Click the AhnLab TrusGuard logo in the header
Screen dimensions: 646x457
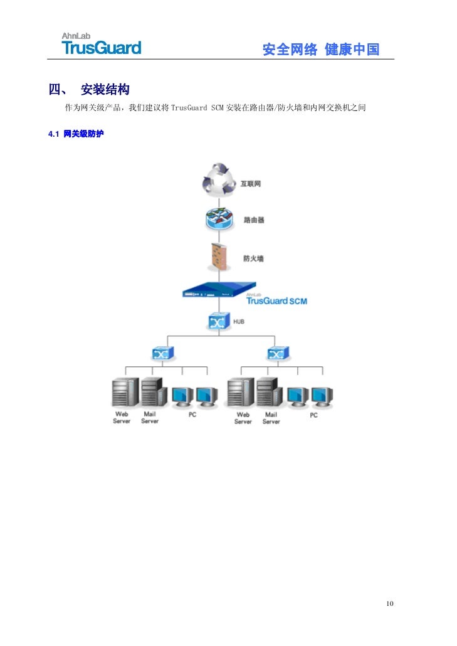point(101,44)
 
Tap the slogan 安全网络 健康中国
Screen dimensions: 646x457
point(320,50)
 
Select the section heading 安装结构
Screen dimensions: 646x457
point(105,90)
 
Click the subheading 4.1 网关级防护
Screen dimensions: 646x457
point(76,134)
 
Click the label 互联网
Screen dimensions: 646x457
point(251,184)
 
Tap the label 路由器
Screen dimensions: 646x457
point(254,220)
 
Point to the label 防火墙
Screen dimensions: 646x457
point(253,258)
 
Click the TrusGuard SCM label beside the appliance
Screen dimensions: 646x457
point(276,300)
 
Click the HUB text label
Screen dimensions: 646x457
point(239,321)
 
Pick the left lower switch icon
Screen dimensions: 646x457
point(162,353)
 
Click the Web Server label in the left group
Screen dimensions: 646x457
point(122,418)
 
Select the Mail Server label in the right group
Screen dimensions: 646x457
point(271,418)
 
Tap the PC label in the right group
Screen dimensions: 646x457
point(313,415)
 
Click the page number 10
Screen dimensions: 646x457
point(390,603)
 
